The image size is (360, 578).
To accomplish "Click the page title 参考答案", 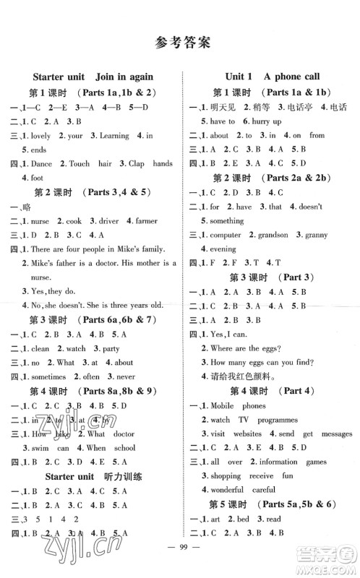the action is pos(181,41).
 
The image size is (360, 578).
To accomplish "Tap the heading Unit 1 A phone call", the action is pos(273,77).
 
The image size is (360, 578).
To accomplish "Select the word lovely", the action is pos(43,135).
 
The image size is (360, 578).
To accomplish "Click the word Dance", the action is pos(42,164).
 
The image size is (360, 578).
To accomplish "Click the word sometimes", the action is pos(48,376).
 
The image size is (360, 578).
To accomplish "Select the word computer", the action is pos(226,235).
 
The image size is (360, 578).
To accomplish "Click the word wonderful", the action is pos(233,490).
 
